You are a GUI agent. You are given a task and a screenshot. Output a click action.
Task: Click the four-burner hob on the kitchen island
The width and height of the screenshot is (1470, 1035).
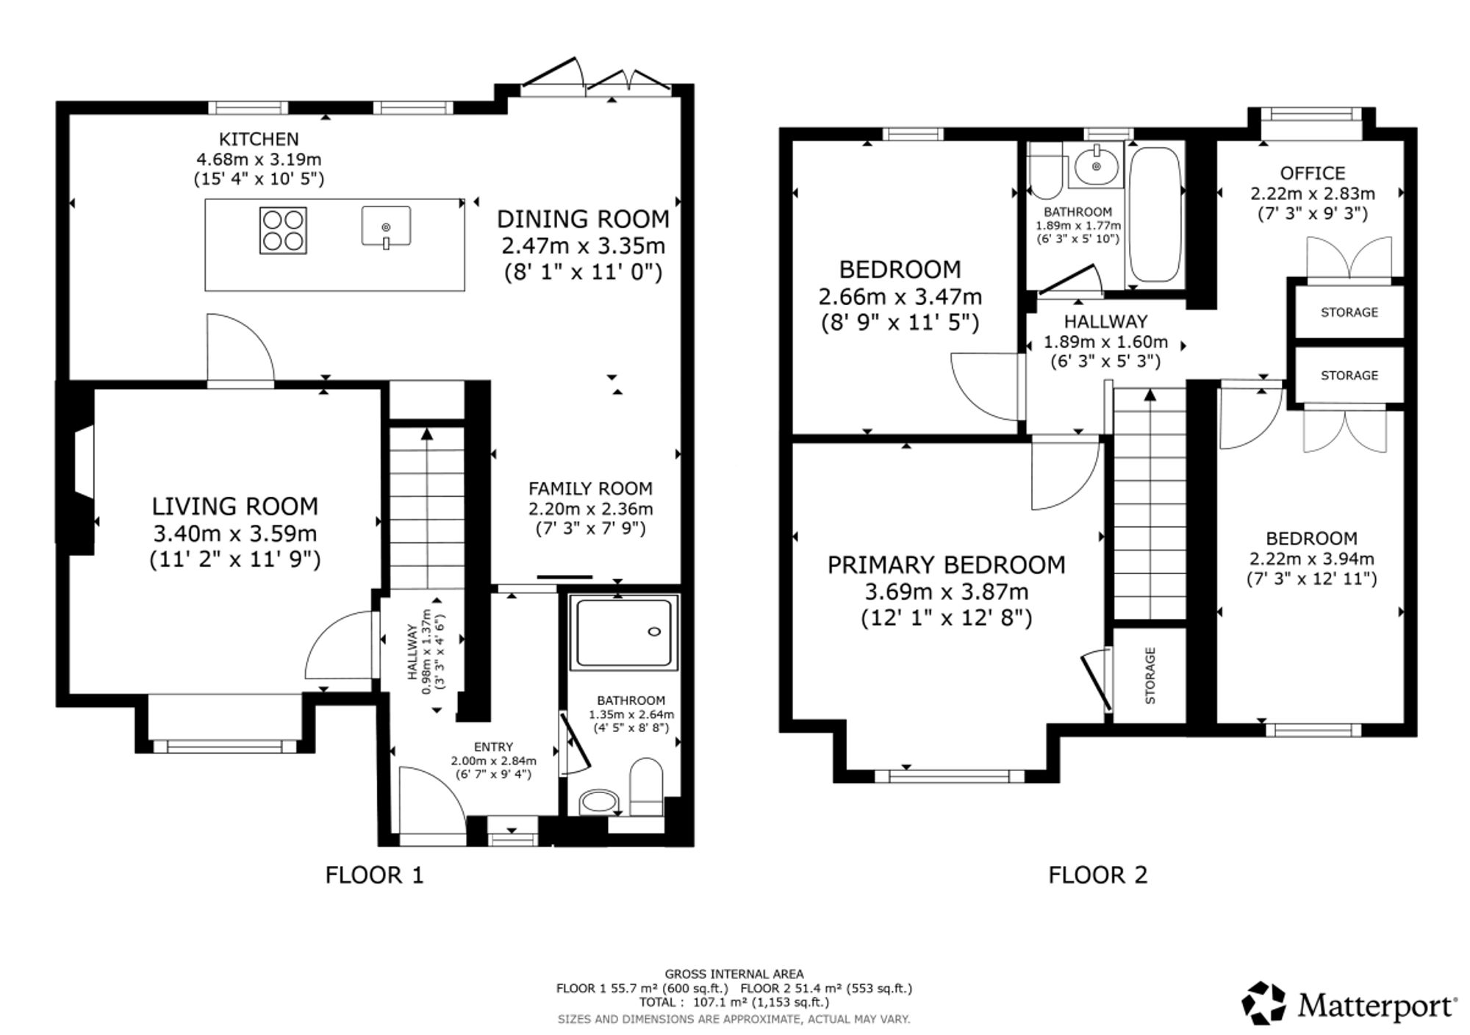pyautogui.click(x=283, y=231)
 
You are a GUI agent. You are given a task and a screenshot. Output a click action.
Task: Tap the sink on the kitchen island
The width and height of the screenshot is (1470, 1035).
pyautogui.click(x=386, y=226)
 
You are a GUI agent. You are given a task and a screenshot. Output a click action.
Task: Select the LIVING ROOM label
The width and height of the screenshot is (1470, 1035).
pyautogui.click(x=235, y=506)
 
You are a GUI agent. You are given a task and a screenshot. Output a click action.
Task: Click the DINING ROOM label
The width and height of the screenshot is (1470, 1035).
pyautogui.click(x=584, y=218)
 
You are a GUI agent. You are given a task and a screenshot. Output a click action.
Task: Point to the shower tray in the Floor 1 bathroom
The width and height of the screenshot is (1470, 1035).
pyautogui.click(x=624, y=634)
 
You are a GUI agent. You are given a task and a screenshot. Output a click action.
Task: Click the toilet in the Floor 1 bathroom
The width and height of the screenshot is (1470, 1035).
pyautogui.click(x=647, y=787)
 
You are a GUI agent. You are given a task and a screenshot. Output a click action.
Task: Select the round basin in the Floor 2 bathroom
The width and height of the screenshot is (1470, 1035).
pyautogui.click(x=1097, y=166)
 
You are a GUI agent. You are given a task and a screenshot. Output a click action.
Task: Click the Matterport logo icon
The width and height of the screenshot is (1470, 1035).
pyautogui.click(x=1264, y=1003)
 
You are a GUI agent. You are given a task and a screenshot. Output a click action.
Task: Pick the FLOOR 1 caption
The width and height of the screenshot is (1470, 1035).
pyautogui.click(x=375, y=875)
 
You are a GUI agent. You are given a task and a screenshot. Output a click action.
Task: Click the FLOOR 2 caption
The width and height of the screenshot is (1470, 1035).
pyautogui.click(x=1097, y=875)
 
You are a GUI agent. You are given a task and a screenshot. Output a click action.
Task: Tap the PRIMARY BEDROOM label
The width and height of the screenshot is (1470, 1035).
pyautogui.click(x=947, y=565)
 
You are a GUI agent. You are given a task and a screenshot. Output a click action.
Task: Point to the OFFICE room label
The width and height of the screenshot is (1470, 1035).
pyautogui.click(x=1313, y=173)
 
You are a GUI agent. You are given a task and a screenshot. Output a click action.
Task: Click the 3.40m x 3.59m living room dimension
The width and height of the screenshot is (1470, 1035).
pyautogui.click(x=235, y=533)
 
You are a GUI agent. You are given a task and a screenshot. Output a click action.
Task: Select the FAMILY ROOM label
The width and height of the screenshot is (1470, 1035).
pyautogui.click(x=590, y=488)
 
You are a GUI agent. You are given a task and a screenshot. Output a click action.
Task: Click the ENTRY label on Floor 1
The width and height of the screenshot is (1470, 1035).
pyautogui.click(x=493, y=747)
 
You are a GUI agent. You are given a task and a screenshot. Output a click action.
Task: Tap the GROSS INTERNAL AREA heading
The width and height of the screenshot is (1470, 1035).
pyautogui.click(x=734, y=974)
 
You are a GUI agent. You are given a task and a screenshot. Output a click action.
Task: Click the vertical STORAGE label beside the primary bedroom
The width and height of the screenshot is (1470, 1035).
pyautogui.click(x=1150, y=676)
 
